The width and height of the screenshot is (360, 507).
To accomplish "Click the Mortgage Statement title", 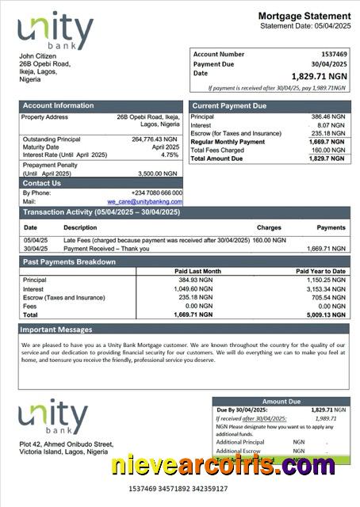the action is tap(304, 16).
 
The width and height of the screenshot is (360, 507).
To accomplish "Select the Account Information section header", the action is tap(58, 105).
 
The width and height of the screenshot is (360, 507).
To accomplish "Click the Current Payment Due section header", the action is tap(229, 105).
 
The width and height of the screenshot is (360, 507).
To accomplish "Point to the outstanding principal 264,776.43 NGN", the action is tap(155, 139).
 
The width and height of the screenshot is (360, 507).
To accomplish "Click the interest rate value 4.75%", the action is tap(170, 155).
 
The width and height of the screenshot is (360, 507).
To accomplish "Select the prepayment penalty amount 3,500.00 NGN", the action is tap(158, 173).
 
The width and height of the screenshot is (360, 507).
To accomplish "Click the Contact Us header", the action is tap(41, 183).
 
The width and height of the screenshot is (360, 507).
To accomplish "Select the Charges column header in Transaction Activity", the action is tap(269, 227).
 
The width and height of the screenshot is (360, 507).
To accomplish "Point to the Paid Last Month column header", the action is tap(197, 271).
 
